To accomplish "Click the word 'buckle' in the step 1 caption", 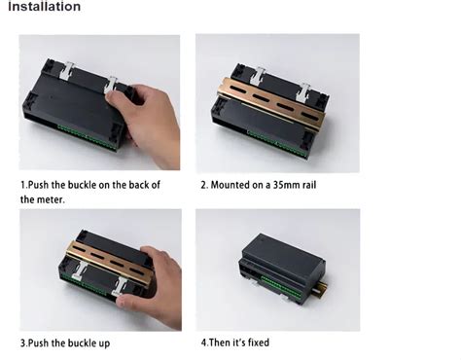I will (107, 184).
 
